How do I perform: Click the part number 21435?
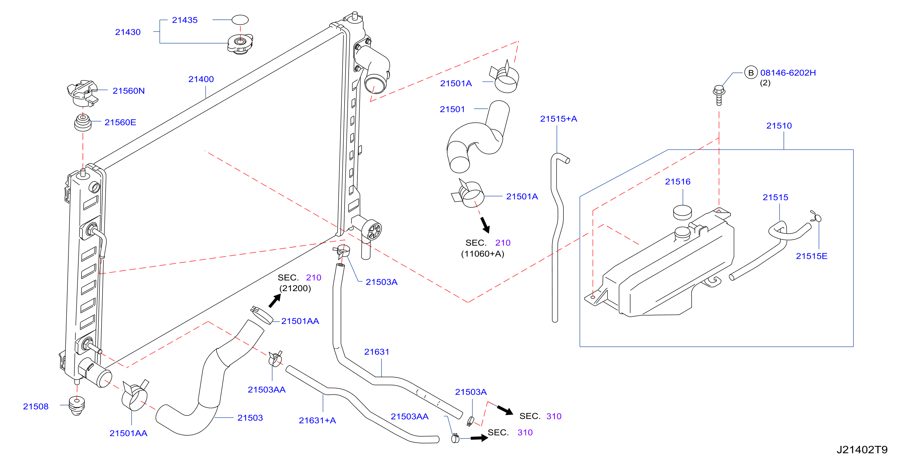(x=185, y=20)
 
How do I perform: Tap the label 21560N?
(x=129, y=91)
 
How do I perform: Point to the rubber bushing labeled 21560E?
(x=83, y=123)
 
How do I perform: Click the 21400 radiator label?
(x=201, y=79)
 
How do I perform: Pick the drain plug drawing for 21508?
(x=77, y=405)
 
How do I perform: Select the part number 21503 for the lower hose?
(x=250, y=418)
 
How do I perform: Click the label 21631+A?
(x=318, y=421)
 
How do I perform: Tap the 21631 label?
(x=377, y=352)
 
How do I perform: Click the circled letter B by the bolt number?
(x=751, y=73)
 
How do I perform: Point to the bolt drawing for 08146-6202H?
(x=719, y=95)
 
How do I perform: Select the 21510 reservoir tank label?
(x=779, y=126)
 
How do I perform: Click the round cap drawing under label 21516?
(x=683, y=212)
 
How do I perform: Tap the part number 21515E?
(x=812, y=256)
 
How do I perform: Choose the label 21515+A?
(x=559, y=119)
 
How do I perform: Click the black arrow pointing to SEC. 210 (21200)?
(x=275, y=300)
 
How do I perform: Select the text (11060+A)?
(x=482, y=254)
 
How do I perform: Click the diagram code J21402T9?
(x=862, y=450)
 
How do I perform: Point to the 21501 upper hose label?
(x=452, y=109)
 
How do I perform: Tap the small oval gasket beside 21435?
(x=240, y=20)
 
